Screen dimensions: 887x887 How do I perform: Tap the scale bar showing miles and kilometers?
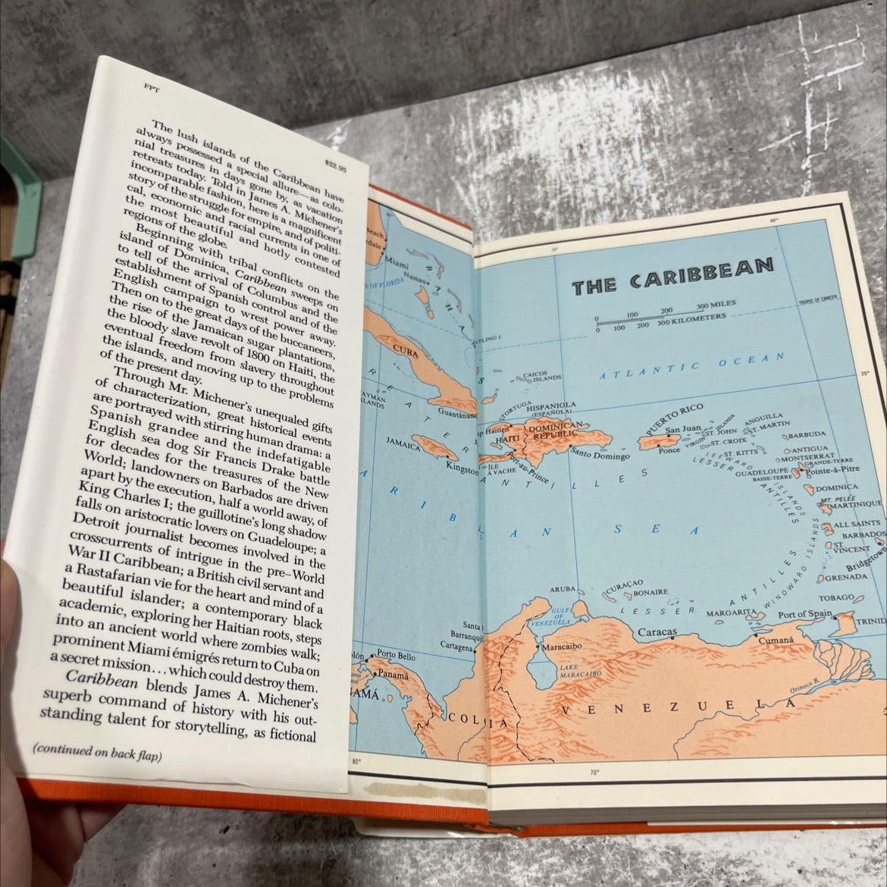point(660,317)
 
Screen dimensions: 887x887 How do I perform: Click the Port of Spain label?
point(804,613)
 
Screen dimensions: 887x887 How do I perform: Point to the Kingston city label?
point(460,470)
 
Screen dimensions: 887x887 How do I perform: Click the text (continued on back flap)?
point(97,752)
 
